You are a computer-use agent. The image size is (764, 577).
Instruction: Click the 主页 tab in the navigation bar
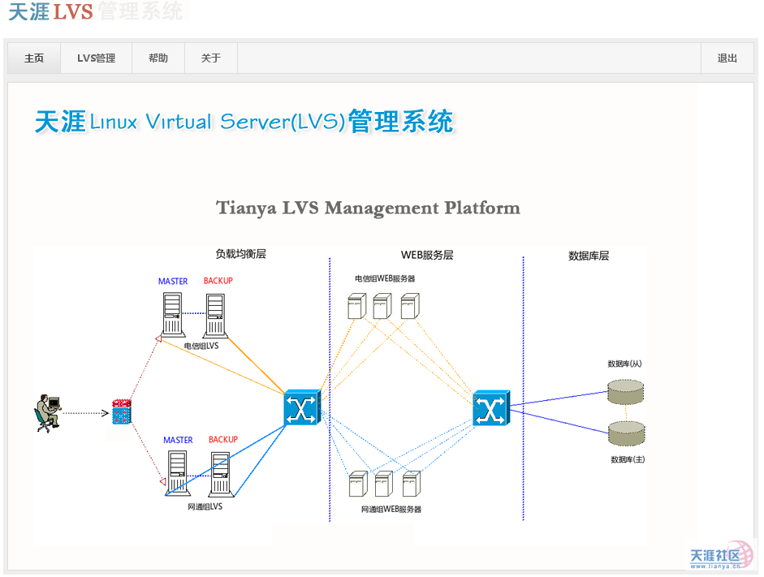click(x=34, y=58)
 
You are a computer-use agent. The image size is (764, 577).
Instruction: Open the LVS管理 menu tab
click(x=96, y=58)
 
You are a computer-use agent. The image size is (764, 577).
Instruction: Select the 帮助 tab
click(x=158, y=58)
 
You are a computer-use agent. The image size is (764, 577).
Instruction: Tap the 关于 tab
click(x=211, y=58)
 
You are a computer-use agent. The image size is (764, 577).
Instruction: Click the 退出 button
click(x=727, y=58)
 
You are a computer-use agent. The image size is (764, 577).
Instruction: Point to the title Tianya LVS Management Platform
click(x=368, y=209)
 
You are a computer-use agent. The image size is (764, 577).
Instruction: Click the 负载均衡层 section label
click(x=240, y=254)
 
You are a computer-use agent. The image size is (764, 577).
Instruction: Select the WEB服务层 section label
click(x=427, y=255)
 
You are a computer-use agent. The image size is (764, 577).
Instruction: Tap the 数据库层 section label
click(x=589, y=256)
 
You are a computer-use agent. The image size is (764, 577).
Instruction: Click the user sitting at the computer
click(x=48, y=413)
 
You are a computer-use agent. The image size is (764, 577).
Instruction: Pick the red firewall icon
click(x=121, y=413)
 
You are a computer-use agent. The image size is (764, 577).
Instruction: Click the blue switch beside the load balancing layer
click(x=302, y=407)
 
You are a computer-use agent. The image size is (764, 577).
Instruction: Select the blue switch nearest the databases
click(x=491, y=408)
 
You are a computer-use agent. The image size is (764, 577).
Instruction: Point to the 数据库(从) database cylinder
click(x=625, y=391)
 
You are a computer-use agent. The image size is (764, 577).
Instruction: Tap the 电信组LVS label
click(x=201, y=346)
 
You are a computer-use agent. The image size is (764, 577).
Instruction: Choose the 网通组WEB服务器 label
click(x=391, y=510)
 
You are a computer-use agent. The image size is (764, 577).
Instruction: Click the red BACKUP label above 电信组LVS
click(x=218, y=281)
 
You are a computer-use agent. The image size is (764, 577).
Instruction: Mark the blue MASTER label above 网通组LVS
click(x=178, y=440)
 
